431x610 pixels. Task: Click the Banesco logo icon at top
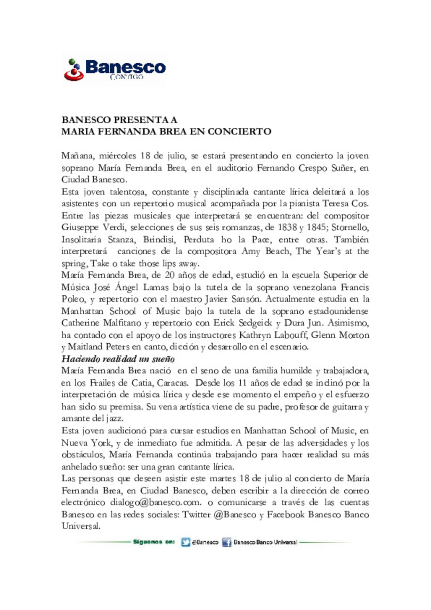coord(74,70)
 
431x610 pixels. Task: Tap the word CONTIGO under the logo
coord(127,77)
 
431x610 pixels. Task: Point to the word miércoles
coord(117,156)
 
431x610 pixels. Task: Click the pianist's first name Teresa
coord(336,203)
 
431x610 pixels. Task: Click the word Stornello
coord(350,227)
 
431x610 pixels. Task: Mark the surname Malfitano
coord(122,323)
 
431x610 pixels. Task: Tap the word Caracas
coord(172,382)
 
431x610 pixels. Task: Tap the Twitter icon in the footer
coord(186,542)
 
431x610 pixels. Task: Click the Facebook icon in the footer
coord(227,542)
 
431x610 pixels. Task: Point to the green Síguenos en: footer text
coord(154,542)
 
